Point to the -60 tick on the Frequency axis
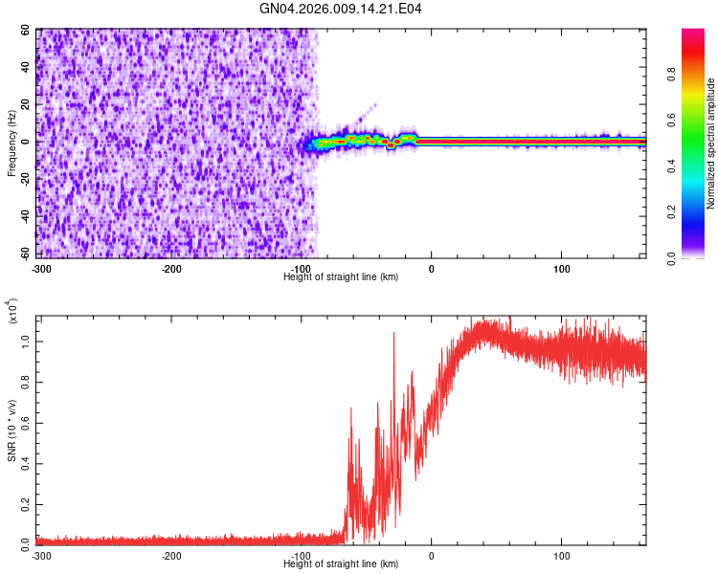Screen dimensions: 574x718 [25, 253]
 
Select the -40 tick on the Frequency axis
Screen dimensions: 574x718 [25, 215]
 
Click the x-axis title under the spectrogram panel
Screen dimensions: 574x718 [341, 276]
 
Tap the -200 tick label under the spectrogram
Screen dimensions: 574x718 [171, 268]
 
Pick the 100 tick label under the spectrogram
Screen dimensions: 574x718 [562, 268]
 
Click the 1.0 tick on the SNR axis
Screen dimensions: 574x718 [28, 342]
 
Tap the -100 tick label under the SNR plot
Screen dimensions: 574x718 [302, 555]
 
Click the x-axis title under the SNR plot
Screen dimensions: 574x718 [341, 563]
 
